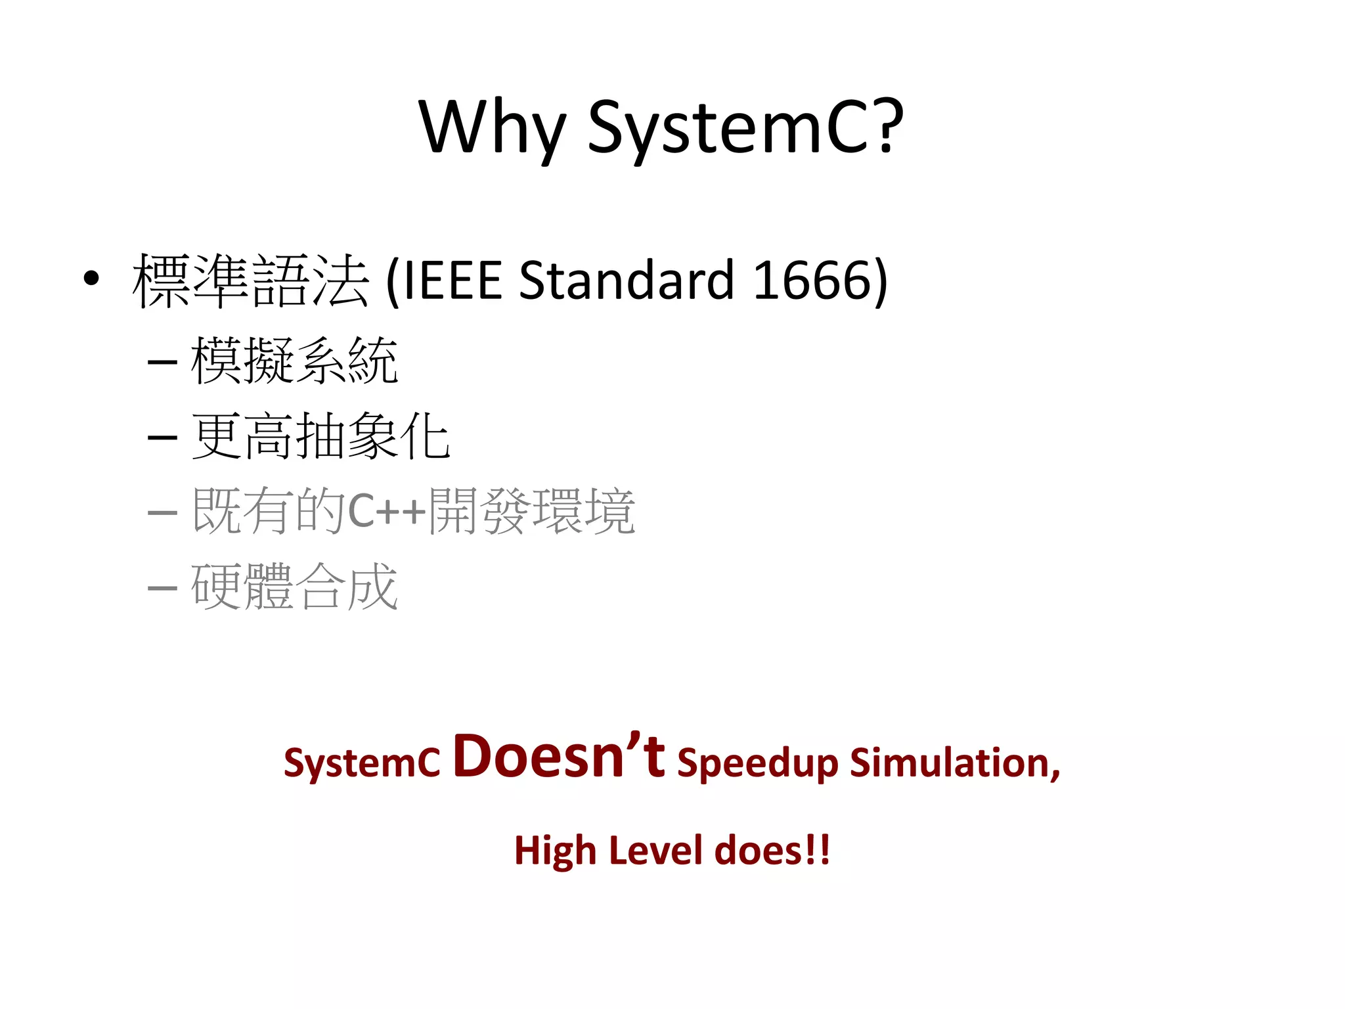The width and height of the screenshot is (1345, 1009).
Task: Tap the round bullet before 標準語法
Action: [91, 279]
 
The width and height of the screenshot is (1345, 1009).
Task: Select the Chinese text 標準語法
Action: [250, 280]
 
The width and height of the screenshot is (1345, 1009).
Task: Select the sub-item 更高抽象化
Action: [320, 436]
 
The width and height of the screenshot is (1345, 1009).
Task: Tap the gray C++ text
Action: [387, 511]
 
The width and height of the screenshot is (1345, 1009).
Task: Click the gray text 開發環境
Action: [531, 511]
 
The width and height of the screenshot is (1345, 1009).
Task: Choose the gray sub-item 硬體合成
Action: [294, 587]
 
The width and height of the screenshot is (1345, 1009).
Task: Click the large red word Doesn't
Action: [558, 757]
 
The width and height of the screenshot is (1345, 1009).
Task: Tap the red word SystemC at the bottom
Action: [362, 763]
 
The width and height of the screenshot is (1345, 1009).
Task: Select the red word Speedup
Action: [757, 763]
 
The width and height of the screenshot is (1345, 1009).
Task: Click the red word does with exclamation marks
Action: [772, 851]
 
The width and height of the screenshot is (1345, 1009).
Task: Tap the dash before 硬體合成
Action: [162, 587]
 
